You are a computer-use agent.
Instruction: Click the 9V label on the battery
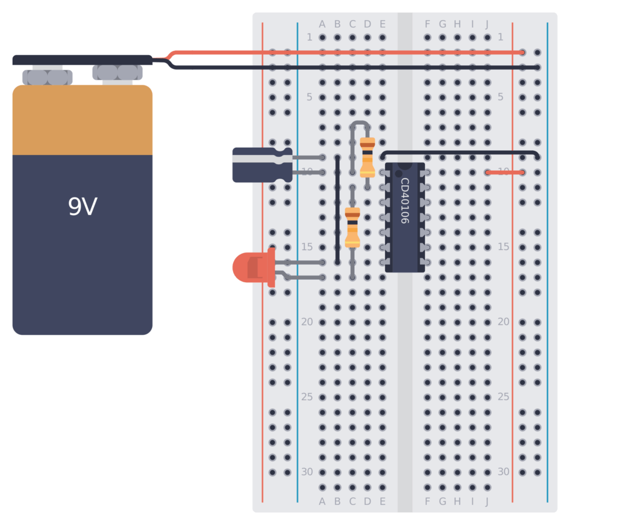82,207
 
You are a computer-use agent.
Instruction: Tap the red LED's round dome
245,268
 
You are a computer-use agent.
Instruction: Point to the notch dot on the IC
398,173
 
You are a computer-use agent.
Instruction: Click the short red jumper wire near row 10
504,173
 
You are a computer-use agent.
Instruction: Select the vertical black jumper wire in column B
337,209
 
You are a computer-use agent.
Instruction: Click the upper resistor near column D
368,157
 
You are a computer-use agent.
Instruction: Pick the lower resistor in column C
352,227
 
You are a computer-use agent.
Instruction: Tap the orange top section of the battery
82,120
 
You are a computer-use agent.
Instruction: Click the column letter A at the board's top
322,24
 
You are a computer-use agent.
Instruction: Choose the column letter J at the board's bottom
487,501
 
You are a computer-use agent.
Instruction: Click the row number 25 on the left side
307,397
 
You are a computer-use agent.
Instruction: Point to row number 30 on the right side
503,472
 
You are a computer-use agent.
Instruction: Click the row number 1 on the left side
309,38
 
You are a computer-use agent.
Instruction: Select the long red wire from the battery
345,53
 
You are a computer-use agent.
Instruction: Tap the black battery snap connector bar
82,60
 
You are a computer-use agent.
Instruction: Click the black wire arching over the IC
460,153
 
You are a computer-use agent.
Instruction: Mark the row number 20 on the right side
503,322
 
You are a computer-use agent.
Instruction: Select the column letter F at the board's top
427,24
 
